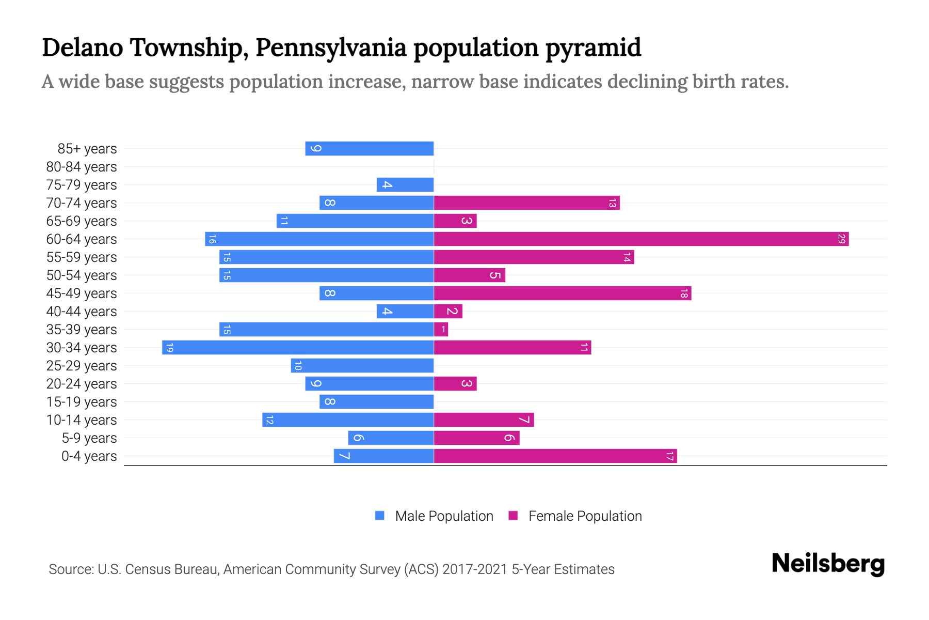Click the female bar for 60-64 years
click(x=641, y=239)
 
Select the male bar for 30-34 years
click(x=298, y=348)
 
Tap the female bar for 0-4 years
click(x=555, y=456)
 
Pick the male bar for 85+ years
click(x=369, y=149)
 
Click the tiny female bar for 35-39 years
click(x=441, y=330)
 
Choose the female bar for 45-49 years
click(x=563, y=293)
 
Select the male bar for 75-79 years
click(x=405, y=185)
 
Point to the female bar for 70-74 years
click(x=526, y=203)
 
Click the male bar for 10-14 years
click(x=348, y=420)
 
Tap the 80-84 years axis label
click(x=82, y=167)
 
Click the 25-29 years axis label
click(x=82, y=366)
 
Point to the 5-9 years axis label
click(x=89, y=438)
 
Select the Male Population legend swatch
click(x=380, y=516)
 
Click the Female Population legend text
click(x=585, y=516)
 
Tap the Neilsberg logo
click(x=828, y=564)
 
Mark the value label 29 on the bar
click(x=841, y=239)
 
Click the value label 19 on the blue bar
click(x=170, y=348)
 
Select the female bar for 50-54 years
click(x=469, y=275)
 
